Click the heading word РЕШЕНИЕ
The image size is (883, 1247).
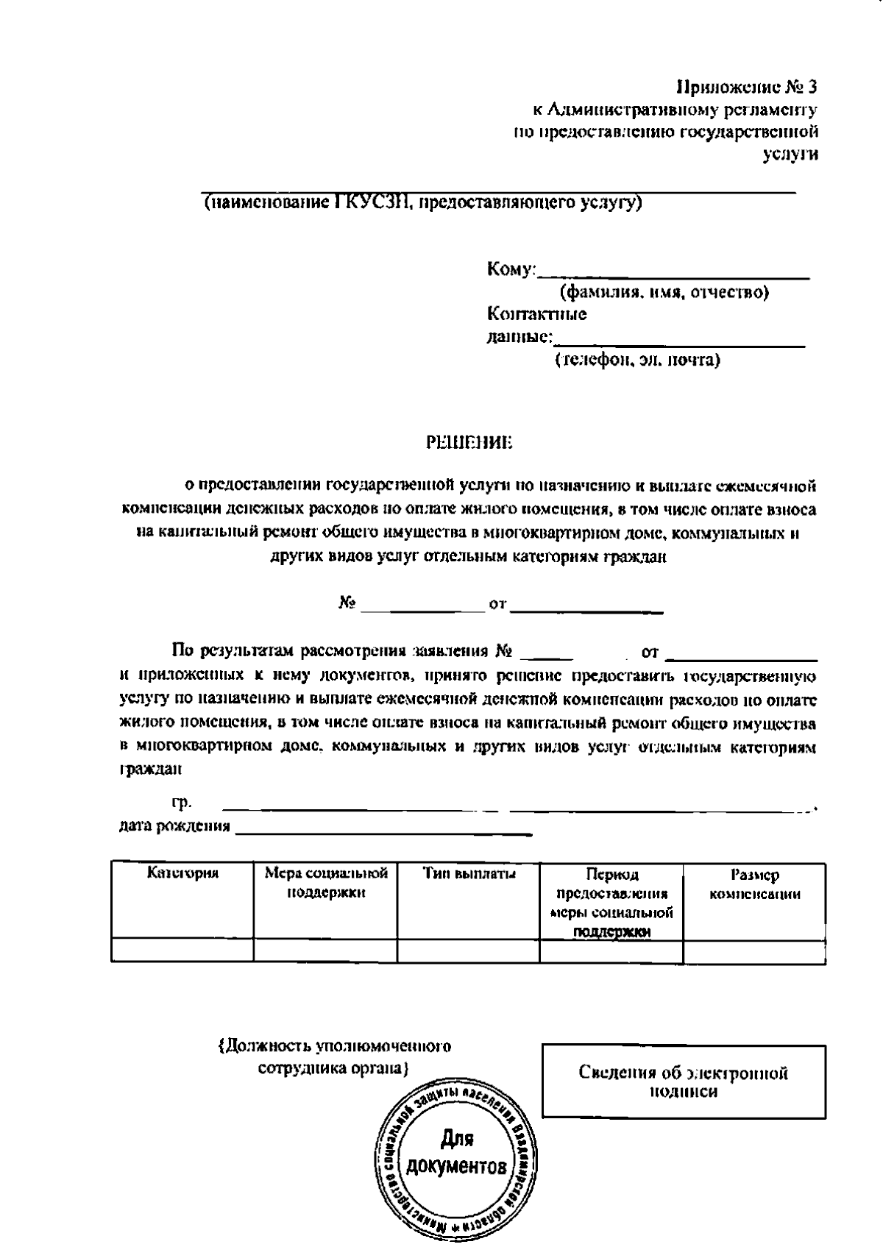(469, 443)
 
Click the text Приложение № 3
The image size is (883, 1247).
(746, 88)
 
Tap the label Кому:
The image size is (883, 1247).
(511, 270)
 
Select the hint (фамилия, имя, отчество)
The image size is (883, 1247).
(664, 293)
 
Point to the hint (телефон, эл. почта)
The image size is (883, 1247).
(636, 360)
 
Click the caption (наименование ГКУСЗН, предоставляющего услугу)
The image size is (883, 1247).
(422, 202)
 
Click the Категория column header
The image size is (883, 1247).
(182, 873)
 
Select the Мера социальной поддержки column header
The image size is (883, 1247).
(326, 883)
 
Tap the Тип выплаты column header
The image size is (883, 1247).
(469, 874)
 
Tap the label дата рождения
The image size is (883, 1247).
(174, 826)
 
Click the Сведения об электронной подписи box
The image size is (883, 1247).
(684, 1081)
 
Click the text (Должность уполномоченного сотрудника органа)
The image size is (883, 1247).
(335, 1056)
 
